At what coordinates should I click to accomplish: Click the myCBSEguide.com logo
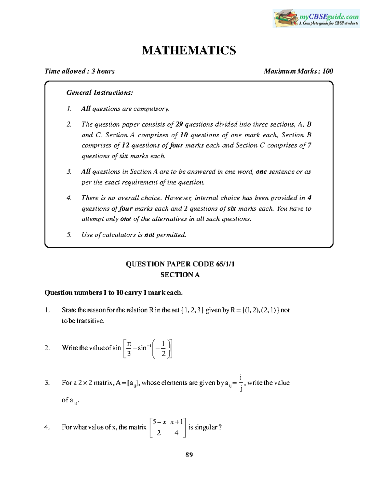tap(316, 18)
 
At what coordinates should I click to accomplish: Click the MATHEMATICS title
tap(189, 50)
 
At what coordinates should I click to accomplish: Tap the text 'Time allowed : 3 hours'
tap(80, 71)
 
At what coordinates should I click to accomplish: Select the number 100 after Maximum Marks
tap(328, 71)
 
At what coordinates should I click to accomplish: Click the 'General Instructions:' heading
tap(100, 93)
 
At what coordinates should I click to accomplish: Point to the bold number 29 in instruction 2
tap(179, 124)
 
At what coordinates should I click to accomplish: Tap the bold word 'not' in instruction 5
tap(149, 235)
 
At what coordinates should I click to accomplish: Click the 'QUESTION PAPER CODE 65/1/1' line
tap(180, 264)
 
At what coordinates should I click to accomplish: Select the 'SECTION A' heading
tap(180, 275)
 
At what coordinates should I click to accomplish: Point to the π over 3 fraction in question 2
tap(129, 348)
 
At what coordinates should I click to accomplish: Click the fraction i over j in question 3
tap(241, 383)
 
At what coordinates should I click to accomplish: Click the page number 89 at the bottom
tap(189, 455)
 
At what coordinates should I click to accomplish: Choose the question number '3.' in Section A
tap(47, 383)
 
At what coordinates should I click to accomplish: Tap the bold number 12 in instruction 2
tap(125, 145)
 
